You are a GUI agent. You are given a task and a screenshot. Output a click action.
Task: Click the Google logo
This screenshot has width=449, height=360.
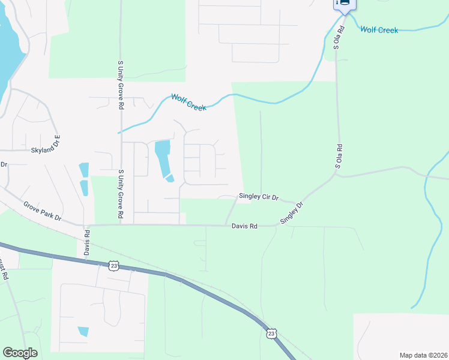tap(20, 353)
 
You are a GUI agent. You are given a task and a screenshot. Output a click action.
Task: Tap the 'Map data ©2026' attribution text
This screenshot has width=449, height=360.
tap(423, 355)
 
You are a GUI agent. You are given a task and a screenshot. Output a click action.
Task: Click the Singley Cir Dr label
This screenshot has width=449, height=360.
tap(259, 196)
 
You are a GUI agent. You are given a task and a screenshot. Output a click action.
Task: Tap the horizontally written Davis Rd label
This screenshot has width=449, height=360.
tap(244, 226)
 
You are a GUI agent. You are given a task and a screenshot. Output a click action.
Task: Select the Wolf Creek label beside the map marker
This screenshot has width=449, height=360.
tap(379, 29)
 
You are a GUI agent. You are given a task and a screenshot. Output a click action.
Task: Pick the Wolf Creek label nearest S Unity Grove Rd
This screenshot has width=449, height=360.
tap(188, 101)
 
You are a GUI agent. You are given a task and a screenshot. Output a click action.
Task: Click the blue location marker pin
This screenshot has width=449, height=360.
tap(345, 4)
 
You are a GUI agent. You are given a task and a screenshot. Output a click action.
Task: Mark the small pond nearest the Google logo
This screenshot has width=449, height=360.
tap(83, 331)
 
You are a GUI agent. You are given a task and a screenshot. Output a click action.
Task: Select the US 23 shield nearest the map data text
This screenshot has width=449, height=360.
tap(271, 332)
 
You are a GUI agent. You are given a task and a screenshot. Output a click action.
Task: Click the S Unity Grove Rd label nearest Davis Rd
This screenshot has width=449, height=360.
tap(121, 193)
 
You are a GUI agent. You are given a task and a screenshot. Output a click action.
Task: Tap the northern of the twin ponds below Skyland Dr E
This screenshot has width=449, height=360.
tap(83, 170)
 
